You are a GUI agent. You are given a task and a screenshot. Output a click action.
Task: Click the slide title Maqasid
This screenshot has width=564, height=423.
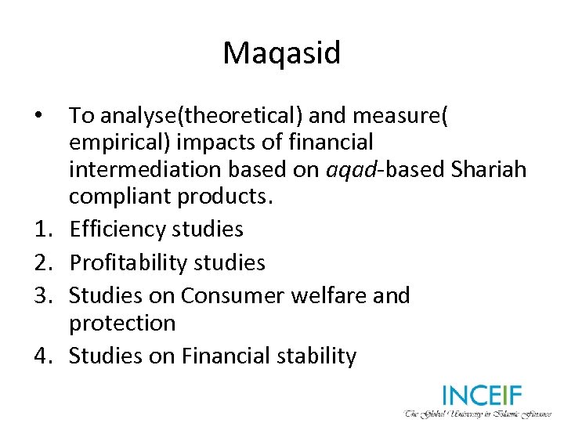(x=282, y=53)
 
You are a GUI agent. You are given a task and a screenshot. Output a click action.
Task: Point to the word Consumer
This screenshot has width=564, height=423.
(x=230, y=295)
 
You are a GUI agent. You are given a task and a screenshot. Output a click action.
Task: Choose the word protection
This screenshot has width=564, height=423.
(x=122, y=323)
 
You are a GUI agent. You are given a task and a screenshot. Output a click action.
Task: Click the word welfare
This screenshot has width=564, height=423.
(x=329, y=295)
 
